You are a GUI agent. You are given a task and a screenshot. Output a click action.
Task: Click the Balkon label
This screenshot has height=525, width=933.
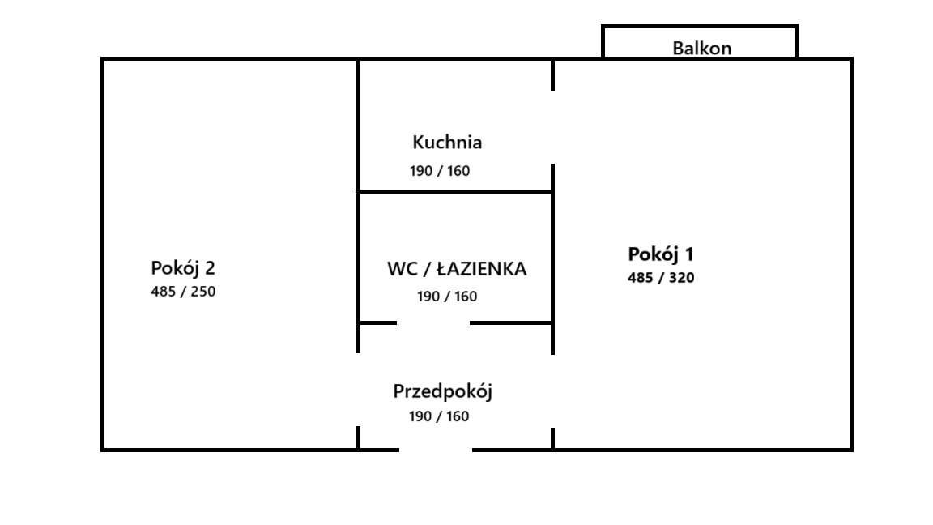[x=701, y=48]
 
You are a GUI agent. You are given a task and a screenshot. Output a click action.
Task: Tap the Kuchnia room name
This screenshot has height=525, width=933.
[x=447, y=143]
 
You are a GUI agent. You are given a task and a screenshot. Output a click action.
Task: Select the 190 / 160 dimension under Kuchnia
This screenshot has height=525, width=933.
[x=440, y=171]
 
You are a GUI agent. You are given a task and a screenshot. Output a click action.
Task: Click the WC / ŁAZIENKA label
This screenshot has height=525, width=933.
[x=457, y=269]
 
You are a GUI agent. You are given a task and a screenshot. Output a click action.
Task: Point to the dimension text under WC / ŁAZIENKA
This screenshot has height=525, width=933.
[x=447, y=297]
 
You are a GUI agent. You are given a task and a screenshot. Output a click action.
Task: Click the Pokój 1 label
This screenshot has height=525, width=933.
[x=661, y=254]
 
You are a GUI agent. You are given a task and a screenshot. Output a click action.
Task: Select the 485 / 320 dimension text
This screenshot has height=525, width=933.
[x=661, y=278]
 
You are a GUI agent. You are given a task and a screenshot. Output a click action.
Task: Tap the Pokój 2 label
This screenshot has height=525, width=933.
[x=183, y=268]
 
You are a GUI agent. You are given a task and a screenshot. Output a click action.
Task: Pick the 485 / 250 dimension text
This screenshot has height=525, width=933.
[x=183, y=292]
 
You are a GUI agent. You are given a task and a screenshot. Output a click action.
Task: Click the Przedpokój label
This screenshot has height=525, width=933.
[x=443, y=392]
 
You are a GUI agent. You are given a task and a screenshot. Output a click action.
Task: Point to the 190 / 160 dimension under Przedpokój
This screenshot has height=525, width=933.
[x=439, y=416]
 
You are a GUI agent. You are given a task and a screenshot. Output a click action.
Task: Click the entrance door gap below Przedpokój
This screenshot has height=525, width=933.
[x=436, y=449]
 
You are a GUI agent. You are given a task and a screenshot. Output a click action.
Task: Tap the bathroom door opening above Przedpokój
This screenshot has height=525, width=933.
[x=433, y=322]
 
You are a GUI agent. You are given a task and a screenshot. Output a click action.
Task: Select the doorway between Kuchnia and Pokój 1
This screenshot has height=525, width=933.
[x=553, y=127]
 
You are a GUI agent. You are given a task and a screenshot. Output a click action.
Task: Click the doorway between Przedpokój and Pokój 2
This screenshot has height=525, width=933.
[x=358, y=390]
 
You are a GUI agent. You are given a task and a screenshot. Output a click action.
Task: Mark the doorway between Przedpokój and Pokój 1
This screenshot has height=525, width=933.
[x=553, y=391]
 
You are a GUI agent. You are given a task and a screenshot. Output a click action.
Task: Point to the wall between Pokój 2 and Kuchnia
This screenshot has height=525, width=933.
[x=358, y=126]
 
